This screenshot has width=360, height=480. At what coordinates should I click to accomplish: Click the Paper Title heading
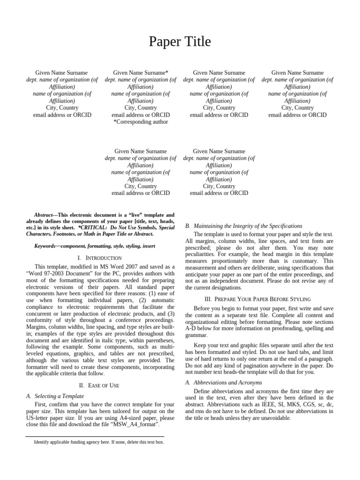[x=180, y=42]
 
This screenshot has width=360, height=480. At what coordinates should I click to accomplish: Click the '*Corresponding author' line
[x=141, y=122]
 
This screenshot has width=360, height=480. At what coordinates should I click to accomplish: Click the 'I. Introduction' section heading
[x=99, y=258]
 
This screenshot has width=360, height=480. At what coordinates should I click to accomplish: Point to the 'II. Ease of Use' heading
[x=99, y=385]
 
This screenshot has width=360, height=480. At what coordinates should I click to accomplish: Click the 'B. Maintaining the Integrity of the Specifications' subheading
[x=244, y=226]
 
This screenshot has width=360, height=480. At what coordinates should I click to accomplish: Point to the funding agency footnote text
[x=98, y=442]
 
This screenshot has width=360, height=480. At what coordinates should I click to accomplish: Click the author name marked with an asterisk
[x=141, y=73]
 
